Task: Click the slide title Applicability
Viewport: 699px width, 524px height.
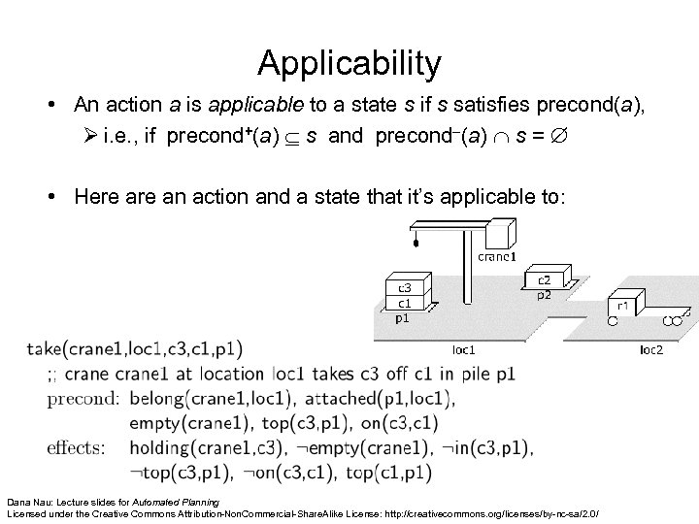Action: [x=349, y=64]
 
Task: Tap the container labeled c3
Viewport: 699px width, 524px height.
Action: [x=405, y=287]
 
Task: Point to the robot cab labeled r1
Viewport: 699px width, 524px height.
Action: [x=622, y=304]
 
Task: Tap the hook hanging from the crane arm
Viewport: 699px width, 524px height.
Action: [x=416, y=245]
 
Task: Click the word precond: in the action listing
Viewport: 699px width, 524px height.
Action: [x=82, y=398]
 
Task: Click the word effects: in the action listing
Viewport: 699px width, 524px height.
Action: [x=78, y=448]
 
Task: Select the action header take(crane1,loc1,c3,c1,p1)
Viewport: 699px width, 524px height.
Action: [x=135, y=347]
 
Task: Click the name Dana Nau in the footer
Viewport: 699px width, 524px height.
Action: [x=32, y=501]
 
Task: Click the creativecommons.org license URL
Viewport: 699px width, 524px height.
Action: [x=505, y=511]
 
